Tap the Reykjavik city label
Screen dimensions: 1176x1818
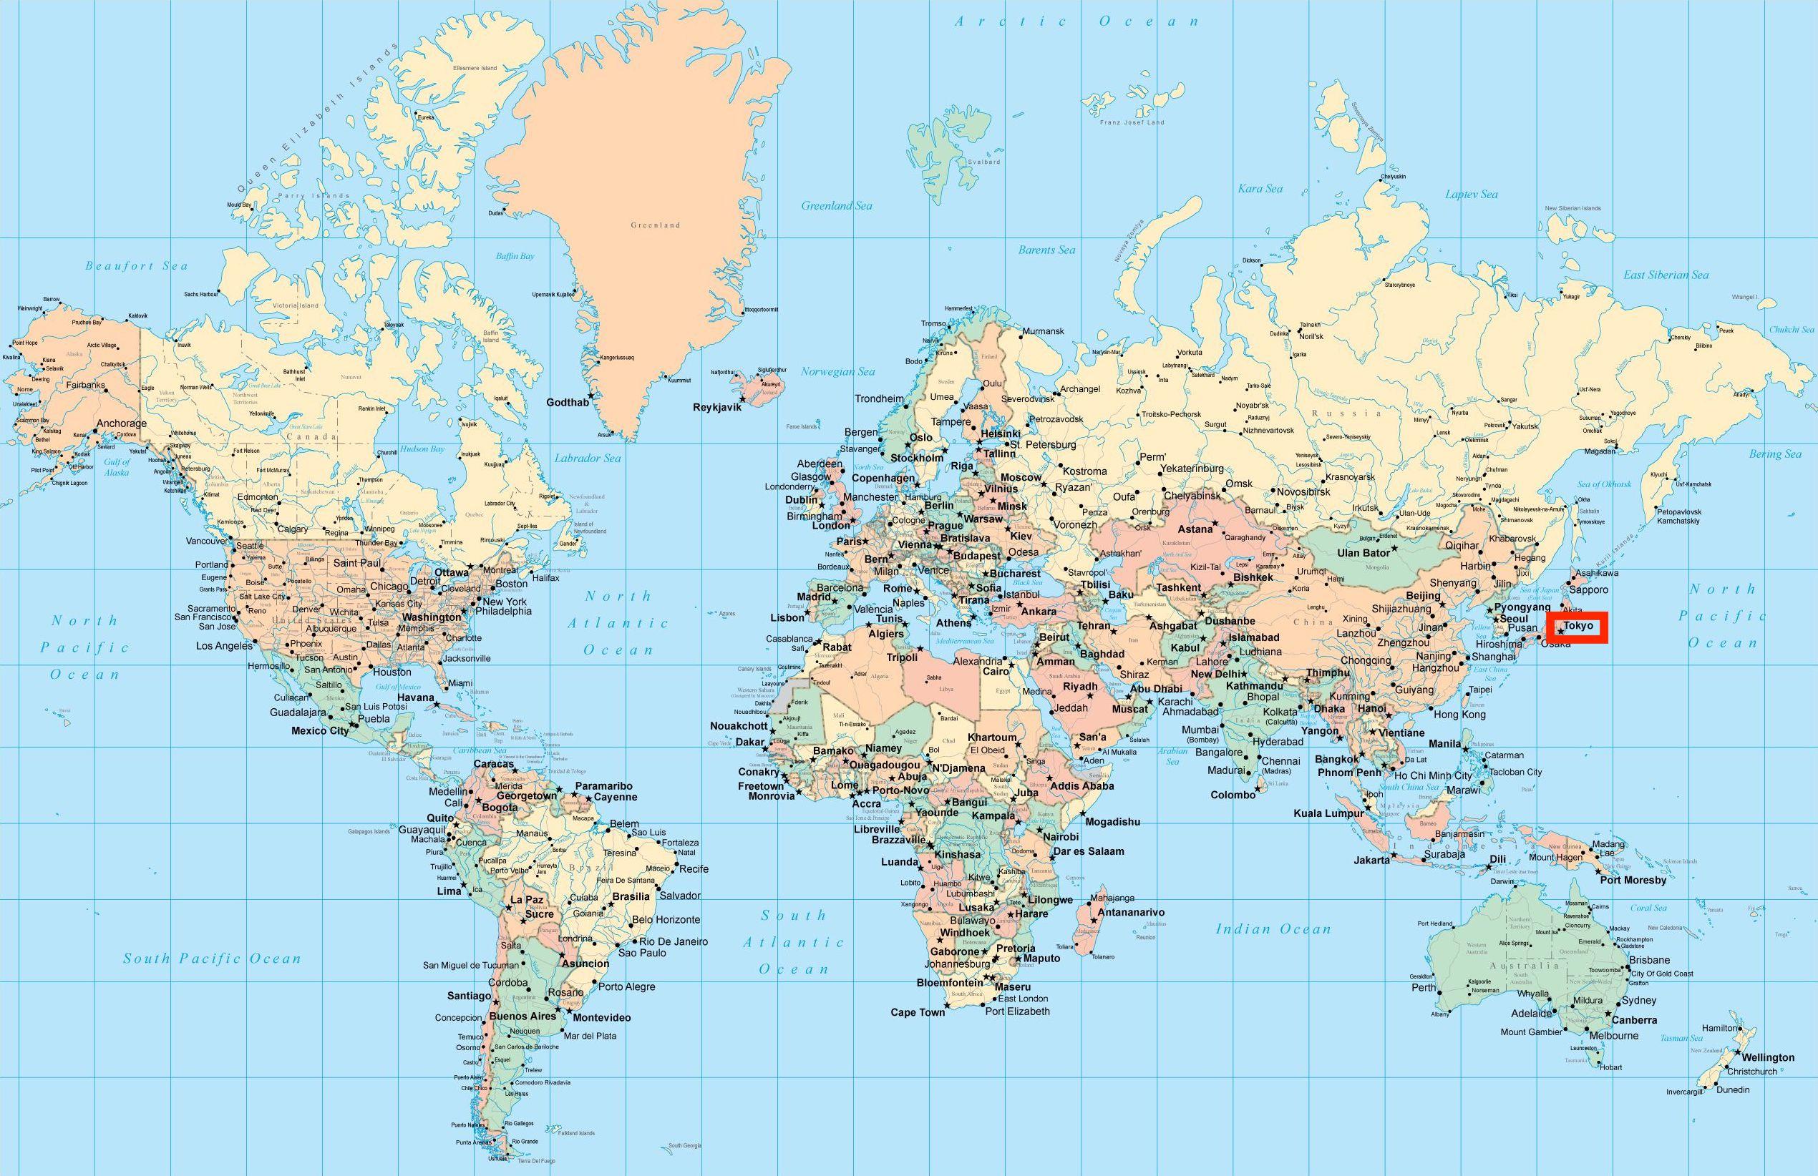(x=716, y=407)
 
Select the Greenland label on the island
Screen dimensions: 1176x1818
(x=655, y=225)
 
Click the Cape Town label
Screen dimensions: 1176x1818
(x=918, y=1013)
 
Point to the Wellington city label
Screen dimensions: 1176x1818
(x=1768, y=1058)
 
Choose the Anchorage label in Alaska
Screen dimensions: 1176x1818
(x=121, y=423)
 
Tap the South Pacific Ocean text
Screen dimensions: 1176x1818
(x=213, y=959)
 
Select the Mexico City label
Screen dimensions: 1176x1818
(x=320, y=731)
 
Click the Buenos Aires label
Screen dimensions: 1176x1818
(x=522, y=1016)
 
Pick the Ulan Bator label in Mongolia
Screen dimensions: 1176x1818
(x=1363, y=552)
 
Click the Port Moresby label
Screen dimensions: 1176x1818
(x=1633, y=881)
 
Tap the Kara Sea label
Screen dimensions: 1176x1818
(x=1260, y=188)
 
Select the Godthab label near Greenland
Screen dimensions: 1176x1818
(x=567, y=403)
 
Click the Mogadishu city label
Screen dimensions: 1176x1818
(x=1112, y=822)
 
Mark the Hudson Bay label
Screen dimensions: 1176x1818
(x=422, y=449)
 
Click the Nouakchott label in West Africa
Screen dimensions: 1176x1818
(x=739, y=725)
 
